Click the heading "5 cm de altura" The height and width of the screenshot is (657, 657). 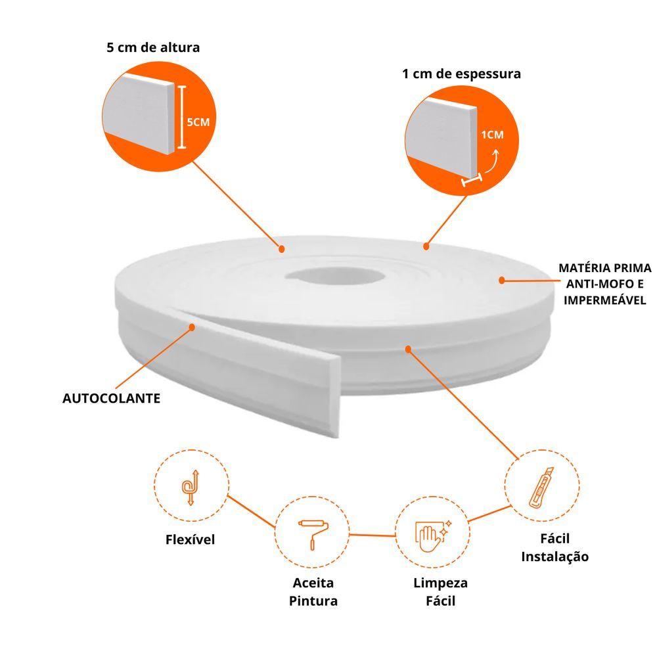click(153, 47)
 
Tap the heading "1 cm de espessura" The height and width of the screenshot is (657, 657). click(461, 74)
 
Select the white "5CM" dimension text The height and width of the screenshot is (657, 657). click(198, 122)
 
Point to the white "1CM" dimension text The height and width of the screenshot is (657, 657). click(492, 135)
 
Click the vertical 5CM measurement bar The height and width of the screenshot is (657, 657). click(181, 117)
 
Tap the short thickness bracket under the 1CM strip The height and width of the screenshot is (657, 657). click(472, 180)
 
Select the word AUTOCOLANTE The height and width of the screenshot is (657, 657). click(112, 398)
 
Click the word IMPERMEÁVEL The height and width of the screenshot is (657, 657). click(604, 300)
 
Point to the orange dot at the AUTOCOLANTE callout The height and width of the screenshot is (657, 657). click(192, 327)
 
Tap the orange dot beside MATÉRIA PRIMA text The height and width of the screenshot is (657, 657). click(501, 281)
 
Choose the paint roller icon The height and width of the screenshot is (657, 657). click(313, 534)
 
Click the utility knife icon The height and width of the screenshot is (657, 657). click(541, 487)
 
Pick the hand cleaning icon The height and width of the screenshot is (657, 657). click(433, 536)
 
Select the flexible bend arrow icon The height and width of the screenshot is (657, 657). click(191, 487)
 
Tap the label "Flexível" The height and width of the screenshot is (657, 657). click(191, 539)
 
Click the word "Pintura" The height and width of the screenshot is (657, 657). click(313, 601)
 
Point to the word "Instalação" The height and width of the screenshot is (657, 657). click(555, 557)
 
